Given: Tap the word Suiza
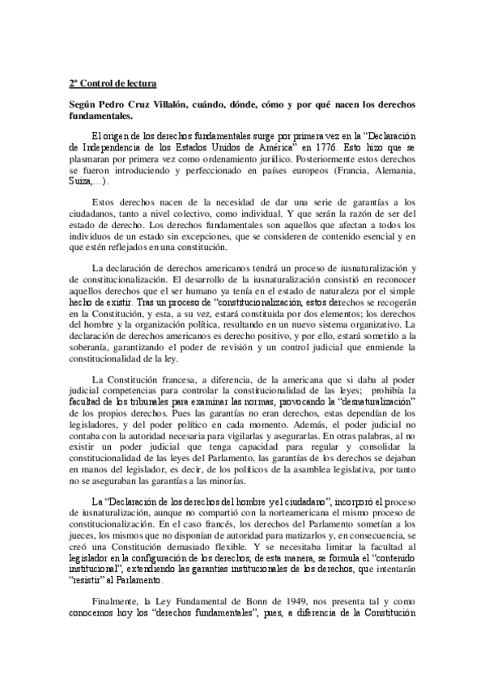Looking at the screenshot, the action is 81,182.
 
